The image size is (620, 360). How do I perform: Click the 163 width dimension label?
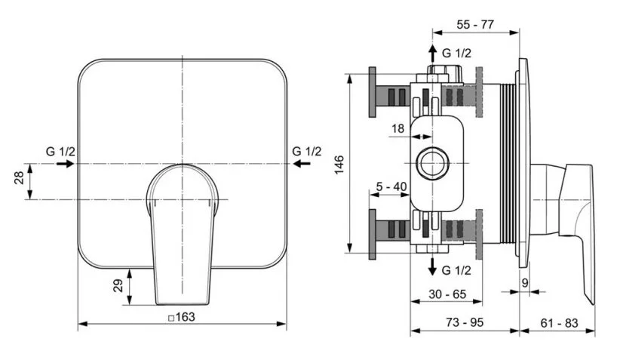(182, 317)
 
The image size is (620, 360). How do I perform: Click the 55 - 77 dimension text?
(475, 24)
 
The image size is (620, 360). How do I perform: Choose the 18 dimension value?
(397, 129)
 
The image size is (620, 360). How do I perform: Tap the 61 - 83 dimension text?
(559, 322)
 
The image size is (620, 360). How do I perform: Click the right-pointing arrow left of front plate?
(65, 163)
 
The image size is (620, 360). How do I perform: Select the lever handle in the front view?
(182, 226)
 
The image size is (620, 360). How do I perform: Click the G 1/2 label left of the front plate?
(60, 152)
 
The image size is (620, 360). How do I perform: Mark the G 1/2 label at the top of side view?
(456, 53)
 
